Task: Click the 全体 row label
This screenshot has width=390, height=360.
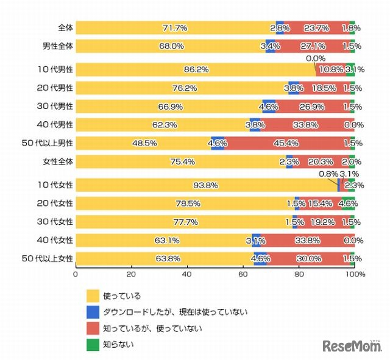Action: [65, 28]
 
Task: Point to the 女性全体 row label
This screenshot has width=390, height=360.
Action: [61, 162]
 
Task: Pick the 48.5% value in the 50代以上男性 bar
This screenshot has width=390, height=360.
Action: [144, 144]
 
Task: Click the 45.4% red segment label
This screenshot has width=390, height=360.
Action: [290, 144]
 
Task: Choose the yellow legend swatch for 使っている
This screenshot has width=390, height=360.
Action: [93, 295]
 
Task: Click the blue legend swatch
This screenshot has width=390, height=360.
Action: [93, 312]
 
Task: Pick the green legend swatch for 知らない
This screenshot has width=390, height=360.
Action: [93, 345]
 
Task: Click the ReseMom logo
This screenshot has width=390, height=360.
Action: [352, 346]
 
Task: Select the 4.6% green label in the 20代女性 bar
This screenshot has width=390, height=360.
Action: [348, 203]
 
